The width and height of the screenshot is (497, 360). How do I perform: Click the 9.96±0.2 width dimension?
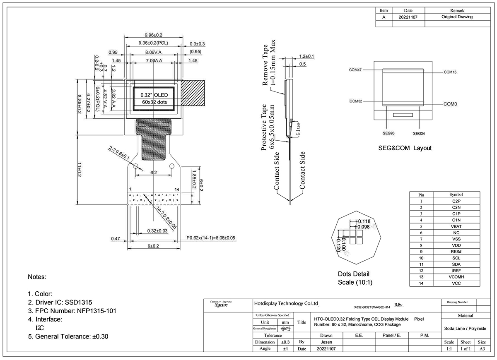pyautogui.click(x=153, y=35)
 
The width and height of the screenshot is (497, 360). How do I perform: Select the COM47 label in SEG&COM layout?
pyautogui.click(x=355, y=70)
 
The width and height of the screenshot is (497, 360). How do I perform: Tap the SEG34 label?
pyautogui.click(x=419, y=133)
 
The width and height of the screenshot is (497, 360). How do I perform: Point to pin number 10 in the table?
pyautogui.click(x=421, y=258)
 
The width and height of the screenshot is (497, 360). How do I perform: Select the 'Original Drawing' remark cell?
pyautogui.click(x=457, y=17)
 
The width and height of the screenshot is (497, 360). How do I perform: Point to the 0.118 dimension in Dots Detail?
pyautogui.click(x=364, y=221)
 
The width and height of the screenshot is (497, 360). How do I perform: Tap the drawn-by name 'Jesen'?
pyautogui.click(x=326, y=342)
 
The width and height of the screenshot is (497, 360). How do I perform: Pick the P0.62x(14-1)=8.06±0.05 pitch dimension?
pyautogui.click(x=211, y=238)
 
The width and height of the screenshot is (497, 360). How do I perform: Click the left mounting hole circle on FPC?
pyautogui.click(x=135, y=166)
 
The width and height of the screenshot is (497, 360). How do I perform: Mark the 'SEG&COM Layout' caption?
pyautogui.click(x=405, y=148)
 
